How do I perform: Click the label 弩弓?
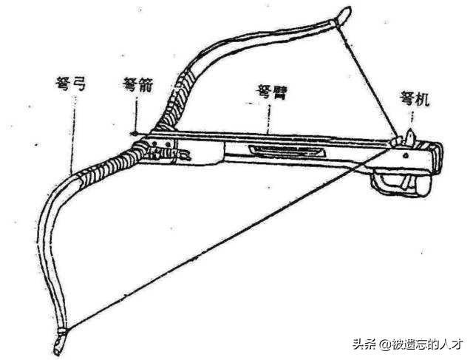coord(71,84)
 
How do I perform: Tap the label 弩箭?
coord(138,85)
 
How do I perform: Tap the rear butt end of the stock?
coord(438,158)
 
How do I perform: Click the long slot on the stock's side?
coord(287,150)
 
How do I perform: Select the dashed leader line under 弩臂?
coord(269,118)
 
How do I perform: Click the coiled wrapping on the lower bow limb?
coord(109,164)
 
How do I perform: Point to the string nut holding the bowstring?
coord(398,140)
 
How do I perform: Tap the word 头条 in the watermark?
coord(365,344)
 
